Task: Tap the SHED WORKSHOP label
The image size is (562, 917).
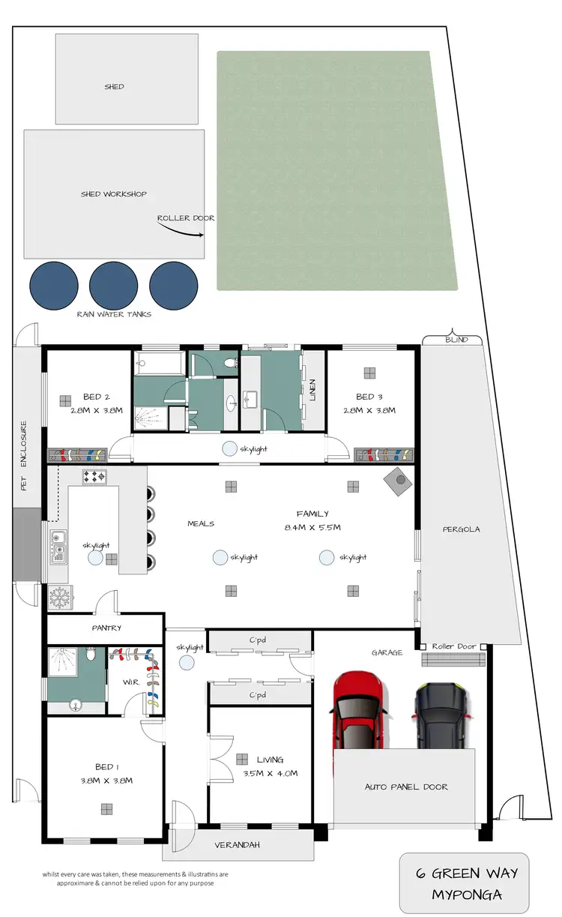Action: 113,194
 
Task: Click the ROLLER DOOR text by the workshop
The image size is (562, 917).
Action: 186,218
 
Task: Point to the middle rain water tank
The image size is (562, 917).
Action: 113,285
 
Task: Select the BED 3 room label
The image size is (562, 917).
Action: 370,397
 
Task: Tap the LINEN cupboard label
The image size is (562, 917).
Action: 312,390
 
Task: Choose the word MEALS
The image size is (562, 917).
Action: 201,523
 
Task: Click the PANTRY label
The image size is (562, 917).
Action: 106,628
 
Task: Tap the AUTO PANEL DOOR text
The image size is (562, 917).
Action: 406,787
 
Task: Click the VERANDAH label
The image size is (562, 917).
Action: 238,845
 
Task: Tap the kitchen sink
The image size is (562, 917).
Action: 57,547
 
